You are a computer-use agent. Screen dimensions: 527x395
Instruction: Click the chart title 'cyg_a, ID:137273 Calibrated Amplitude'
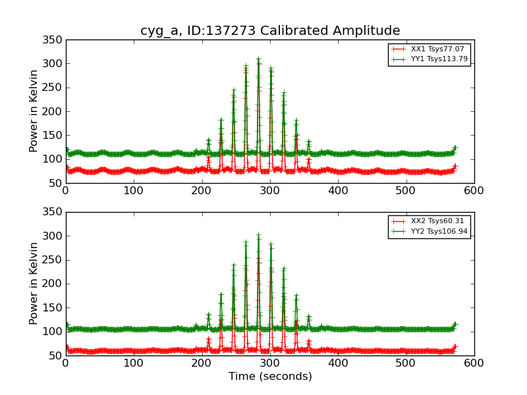point(270,30)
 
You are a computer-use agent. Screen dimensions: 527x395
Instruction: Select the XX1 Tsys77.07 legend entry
point(428,49)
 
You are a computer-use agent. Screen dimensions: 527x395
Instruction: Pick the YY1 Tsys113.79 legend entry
point(430,59)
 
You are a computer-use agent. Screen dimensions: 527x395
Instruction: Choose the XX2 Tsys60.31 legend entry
point(428,221)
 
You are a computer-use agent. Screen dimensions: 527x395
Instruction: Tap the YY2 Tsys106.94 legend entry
point(430,232)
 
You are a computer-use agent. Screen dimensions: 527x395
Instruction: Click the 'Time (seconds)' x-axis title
point(270,376)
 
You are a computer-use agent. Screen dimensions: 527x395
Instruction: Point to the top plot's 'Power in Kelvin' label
point(34,111)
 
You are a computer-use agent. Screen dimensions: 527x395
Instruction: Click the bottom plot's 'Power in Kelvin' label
point(34,284)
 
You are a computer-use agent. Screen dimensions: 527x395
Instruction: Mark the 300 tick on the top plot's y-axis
point(52,63)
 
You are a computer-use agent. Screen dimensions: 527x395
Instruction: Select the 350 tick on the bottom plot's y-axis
point(52,211)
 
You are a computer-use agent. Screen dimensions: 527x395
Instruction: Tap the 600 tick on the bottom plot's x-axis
point(474,363)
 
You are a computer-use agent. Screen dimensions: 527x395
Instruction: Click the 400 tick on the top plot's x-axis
point(338,191)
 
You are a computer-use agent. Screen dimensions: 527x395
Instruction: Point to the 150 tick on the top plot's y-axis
point(52,136)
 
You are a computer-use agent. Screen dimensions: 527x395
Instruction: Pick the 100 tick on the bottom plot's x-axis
point(134,363)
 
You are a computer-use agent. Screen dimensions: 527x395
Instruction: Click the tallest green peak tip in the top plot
point(258,59)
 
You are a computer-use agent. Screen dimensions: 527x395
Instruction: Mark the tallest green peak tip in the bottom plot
point(258,234)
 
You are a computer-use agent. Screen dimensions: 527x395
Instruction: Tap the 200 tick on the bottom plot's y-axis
point(52,284)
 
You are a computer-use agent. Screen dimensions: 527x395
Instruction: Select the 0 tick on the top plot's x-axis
point(66,191)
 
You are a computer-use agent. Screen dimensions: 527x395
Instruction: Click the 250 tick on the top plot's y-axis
point(52,88)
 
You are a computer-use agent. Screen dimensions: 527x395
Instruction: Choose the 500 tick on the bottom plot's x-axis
point(406,363)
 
